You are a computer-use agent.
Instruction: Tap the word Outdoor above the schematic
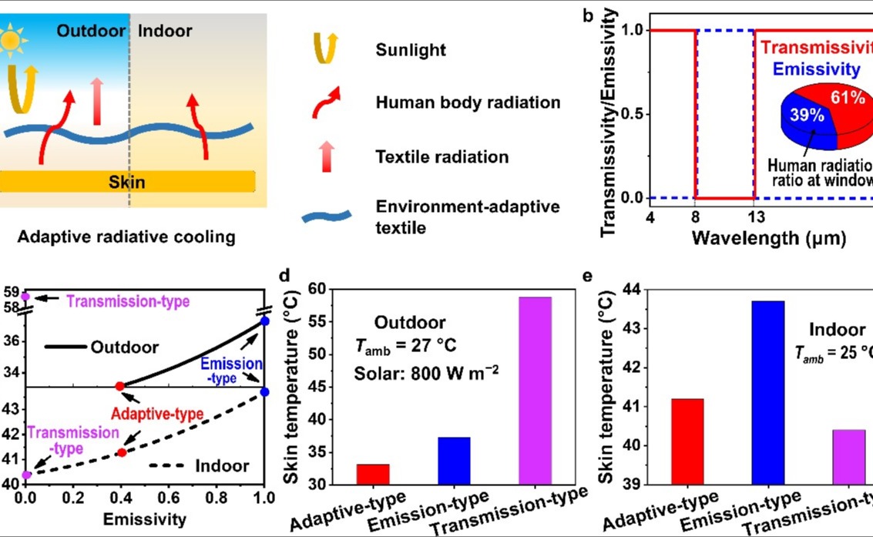click(x=91, y=32)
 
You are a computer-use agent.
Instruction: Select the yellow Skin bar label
click(x=129, y=183)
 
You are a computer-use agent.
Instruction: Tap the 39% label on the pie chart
click(x=803, y=116)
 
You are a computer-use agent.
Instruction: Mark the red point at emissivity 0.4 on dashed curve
click(x=121, y=452)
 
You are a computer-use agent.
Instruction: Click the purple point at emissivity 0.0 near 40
click(x=26, y=475)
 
